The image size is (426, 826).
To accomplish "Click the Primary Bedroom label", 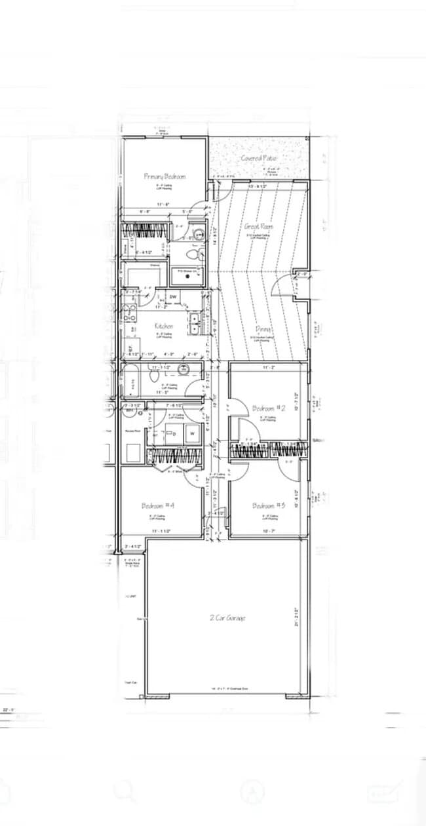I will [x=165, y=176].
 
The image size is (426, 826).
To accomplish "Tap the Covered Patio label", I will [x=259, y=159].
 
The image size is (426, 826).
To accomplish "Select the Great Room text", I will [x=259, y=227].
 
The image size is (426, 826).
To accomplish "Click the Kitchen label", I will [x=163, y=326].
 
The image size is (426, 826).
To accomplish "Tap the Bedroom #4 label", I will [x=157, y=505].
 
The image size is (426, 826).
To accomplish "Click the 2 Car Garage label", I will [x=227, y=618].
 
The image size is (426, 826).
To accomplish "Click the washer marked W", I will [x=193, y=433].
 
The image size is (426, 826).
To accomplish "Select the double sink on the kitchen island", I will [x=195, y=321].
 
